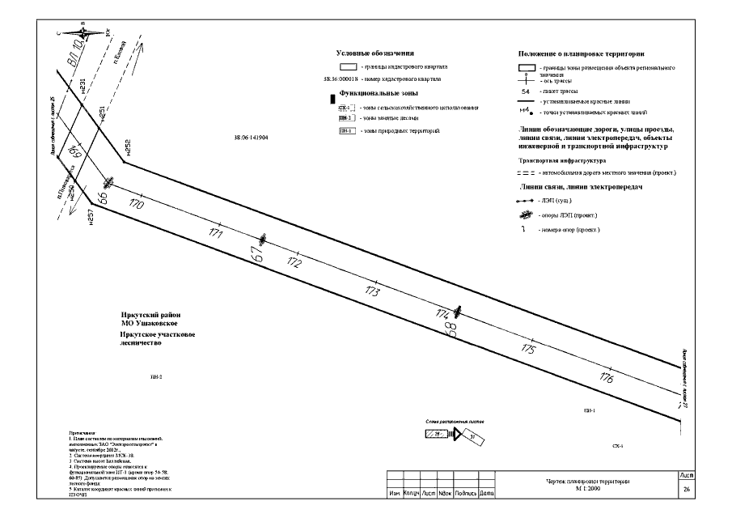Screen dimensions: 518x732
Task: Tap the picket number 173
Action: [372, 291]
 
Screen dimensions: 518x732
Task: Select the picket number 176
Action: [607, 377]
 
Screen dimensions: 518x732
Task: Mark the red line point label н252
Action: [128, 146]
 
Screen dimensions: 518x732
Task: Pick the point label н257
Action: [91, 216]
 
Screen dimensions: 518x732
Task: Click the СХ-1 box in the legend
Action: [345, 107]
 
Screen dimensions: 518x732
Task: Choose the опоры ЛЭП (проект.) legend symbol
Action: [526, 214]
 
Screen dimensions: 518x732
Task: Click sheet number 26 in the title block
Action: [686, 490]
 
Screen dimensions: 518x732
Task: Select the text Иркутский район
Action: [152, 314]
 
